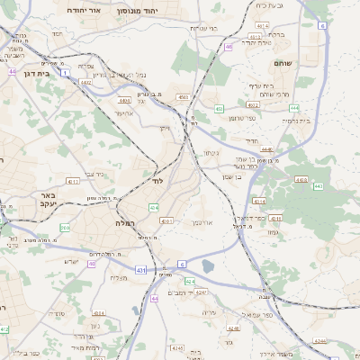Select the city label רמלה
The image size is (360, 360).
(x=125, y=221)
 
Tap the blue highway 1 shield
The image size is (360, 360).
(x=66, y=73)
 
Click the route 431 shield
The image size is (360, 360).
(x=141, y=269)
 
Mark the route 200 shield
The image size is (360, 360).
(x=64, y=227)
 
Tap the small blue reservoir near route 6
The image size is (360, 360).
(x=209, y=265)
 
